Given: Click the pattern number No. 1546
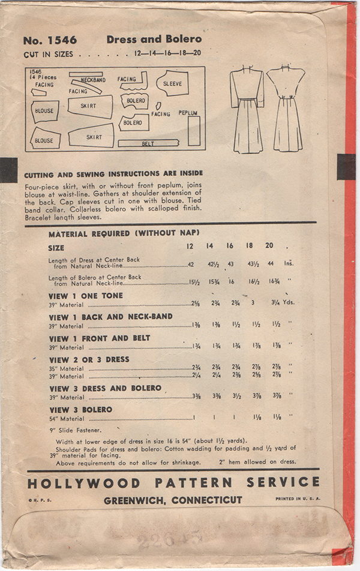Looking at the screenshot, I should [50, 41].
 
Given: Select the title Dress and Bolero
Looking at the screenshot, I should [154, 40].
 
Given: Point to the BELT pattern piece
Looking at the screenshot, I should [148, 144].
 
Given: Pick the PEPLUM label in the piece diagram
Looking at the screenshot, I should [188, 113].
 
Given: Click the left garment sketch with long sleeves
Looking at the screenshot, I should [247, 108].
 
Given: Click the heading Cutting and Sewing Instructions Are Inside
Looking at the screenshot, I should [113, 173].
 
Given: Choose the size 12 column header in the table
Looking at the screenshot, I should [190, 247].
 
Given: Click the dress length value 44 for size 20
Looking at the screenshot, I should [269, 263].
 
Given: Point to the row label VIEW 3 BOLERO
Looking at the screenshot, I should [81, 410].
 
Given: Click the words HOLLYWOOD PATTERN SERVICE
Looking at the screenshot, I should [172, 483].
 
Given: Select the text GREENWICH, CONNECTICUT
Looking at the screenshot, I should [173, 500].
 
